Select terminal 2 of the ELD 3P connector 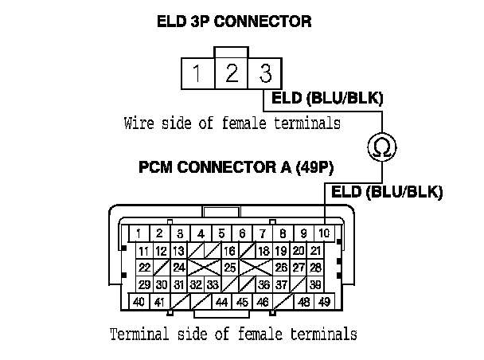coord(231,75)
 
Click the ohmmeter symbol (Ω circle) coord(381,146)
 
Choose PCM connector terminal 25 coord(230,268)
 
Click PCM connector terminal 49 coord(324,303)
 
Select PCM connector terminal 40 coord(139,303)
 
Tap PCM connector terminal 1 coord(139,233)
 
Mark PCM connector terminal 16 coord(230,251)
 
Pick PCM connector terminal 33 coord(212,284)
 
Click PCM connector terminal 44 coord(221,303)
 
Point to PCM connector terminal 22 coord(144,268)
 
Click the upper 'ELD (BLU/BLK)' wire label coord(328,99)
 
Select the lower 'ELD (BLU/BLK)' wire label coord(387,191)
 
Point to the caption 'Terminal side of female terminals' coord(232,332)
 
